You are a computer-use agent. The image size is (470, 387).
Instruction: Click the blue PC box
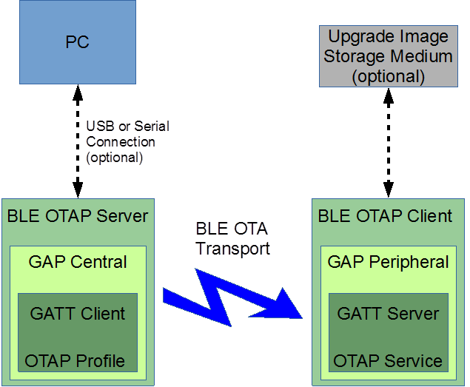78,41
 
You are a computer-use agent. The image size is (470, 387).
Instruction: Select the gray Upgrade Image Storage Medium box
388,55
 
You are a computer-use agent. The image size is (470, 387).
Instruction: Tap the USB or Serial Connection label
127,141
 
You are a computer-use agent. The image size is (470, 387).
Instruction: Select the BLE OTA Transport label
232,238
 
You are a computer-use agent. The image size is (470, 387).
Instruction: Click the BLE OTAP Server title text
78,216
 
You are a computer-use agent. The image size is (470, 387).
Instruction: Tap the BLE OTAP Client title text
385,216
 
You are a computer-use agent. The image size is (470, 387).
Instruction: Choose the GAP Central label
78,262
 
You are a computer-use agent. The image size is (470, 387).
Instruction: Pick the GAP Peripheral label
388,262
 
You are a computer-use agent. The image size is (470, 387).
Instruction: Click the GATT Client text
78,314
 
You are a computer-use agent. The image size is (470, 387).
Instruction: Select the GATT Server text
388,314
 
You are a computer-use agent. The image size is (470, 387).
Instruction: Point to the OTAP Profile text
75,361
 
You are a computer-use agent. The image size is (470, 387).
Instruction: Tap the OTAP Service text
388,361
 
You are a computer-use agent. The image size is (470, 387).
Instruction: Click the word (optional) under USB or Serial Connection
114,157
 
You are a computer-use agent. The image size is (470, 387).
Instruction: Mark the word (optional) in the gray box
388,76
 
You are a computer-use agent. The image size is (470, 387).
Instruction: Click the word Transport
232,249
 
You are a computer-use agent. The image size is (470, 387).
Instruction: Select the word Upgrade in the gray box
353,36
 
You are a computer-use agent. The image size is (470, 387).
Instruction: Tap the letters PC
78,42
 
